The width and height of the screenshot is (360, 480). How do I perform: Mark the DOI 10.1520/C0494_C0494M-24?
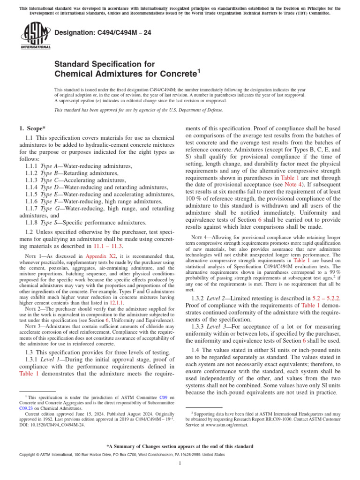52,425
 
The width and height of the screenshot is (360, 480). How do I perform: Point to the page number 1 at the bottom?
180,464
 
